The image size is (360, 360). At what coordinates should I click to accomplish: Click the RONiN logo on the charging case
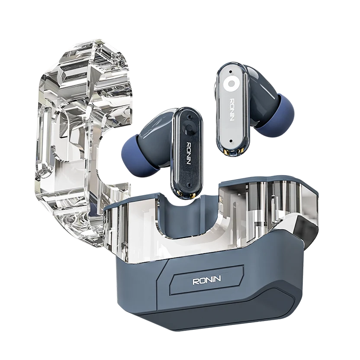tap(206, 280)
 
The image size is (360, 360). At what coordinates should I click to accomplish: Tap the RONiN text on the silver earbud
tap(232, 110)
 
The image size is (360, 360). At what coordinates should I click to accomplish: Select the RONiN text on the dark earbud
tap(188, 153)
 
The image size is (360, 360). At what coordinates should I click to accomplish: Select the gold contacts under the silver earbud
tap(233, 151)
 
